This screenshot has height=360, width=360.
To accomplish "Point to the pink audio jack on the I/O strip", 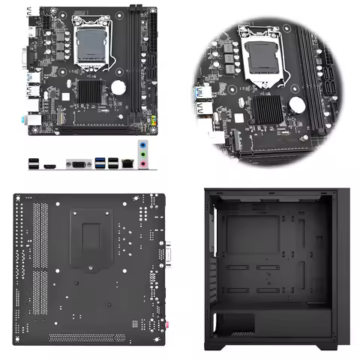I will (142, 168).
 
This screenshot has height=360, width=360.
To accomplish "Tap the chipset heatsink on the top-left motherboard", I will (88, 93).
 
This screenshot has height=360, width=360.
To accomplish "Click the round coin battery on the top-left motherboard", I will (118, 87).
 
